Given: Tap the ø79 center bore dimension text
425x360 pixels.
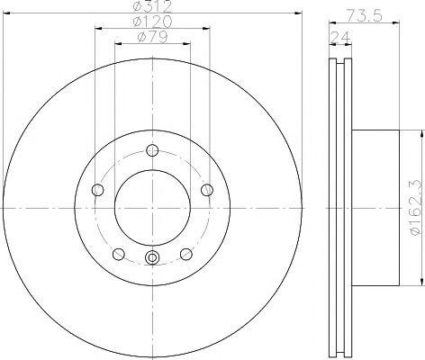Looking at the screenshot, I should [151, 38].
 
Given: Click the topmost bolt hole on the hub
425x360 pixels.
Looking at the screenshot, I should [151, 149].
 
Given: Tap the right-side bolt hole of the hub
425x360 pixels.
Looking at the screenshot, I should [206, 189].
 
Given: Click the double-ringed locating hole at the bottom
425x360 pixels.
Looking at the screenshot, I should [151, 260].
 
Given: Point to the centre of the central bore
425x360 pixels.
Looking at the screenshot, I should [151, 208].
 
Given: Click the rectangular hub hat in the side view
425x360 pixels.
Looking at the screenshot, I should [373, 208].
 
